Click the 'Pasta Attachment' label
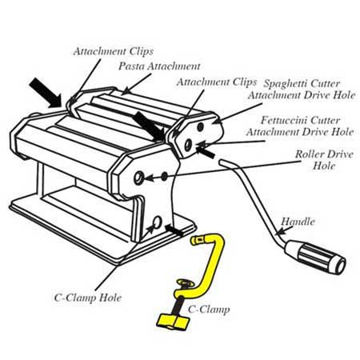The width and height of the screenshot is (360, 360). (159, 66)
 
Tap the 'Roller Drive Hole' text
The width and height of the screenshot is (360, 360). (324, 160)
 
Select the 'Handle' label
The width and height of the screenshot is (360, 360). (298, 222)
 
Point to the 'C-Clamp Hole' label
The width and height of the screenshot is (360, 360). (88, 298)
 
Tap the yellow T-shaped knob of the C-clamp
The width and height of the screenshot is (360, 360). (173, 322)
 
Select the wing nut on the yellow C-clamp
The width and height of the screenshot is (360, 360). (186, 283)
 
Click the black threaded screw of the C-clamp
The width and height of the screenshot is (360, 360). (178, 305)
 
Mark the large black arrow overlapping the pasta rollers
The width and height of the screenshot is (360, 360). (149, 126)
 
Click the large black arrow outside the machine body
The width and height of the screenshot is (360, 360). (46, 93)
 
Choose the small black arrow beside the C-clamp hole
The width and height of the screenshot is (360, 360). (174, 230)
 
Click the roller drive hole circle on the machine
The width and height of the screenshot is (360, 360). (138, 178)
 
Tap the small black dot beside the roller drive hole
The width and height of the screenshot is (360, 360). (165, 176)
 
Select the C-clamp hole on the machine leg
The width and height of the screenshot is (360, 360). (157, 222)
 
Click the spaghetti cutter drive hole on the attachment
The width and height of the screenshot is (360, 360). (201, 126)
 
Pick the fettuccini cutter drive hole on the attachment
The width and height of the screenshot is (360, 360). (188, 144)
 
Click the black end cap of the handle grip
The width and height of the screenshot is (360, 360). (340, 266)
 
